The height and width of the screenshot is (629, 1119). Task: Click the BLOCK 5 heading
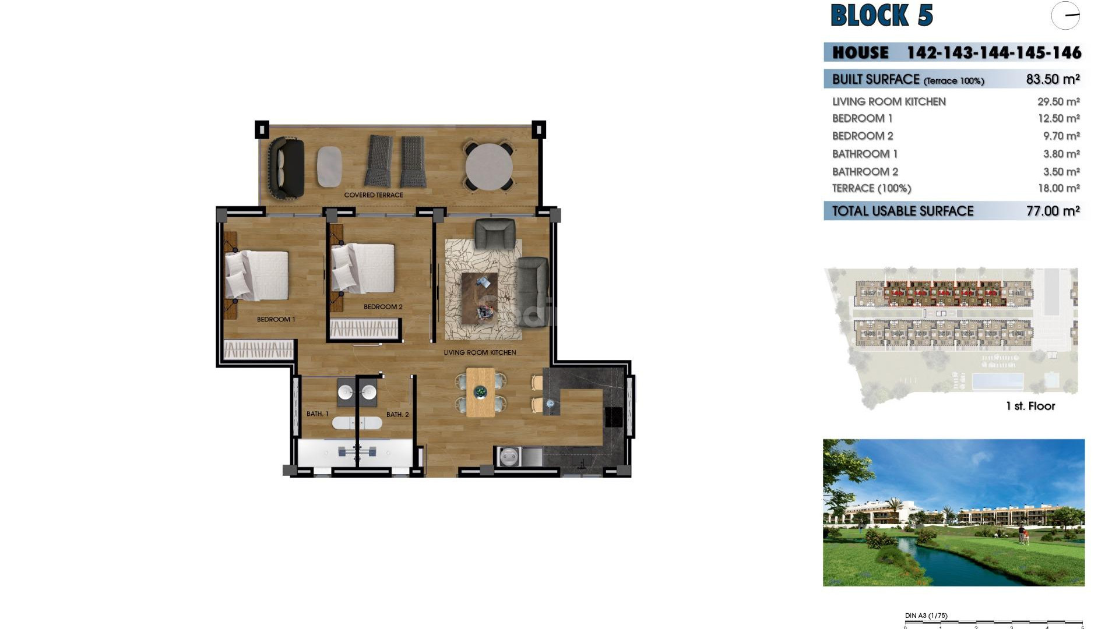pos(881,16)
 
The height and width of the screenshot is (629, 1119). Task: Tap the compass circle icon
pos(1065,16)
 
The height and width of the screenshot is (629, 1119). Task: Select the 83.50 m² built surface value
pos(1053,79)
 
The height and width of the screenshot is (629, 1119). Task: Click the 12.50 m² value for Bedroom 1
pos(1058,118)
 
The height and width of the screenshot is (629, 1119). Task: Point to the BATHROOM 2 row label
pos(865,172)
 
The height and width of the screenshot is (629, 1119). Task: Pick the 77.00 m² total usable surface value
pos(1053,211)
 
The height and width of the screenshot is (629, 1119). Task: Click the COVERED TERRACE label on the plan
pos(374,195)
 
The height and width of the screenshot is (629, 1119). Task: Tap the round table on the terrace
pos(489,167)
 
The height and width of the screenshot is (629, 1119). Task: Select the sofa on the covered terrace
pos(286,168)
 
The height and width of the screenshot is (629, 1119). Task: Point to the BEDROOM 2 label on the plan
pos(383,307)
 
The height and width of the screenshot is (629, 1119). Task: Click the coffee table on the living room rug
pos(480,298)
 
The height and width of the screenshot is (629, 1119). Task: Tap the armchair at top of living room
pos(495,234)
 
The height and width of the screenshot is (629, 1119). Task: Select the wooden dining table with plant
pos(480,392)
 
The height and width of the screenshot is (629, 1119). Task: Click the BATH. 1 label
pos(318,414)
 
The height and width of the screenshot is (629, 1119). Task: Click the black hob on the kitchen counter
pos(614,417)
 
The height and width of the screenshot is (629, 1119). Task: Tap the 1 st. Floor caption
pos(1030,407)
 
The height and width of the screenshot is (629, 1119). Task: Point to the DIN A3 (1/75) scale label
pos(926,616)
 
